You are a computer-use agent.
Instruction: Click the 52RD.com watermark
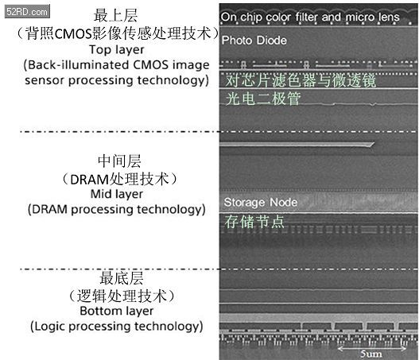coord(27,11)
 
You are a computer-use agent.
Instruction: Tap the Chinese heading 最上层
coord(116,15)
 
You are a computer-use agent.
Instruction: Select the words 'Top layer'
coord(117,50)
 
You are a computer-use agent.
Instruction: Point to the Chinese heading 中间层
coord(119,161)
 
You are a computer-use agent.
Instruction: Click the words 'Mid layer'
coord(117,194)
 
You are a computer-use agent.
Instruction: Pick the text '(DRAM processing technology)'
coord(117,210)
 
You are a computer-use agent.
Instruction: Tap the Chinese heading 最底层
coord(122,278)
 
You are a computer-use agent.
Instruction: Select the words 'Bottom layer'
coord(117,311)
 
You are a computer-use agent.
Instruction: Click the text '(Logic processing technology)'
coord(117,327)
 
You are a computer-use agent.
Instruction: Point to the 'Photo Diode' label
coord(254,41)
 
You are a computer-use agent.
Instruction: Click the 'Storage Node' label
coord(261,202)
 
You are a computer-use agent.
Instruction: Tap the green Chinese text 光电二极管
coord(263,99)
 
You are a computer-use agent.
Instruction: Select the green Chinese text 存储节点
coord(254,222)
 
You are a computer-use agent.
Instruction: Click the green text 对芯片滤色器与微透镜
coord(301,80)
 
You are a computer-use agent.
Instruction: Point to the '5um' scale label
coord(371,354)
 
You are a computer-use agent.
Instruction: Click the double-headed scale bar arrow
coord(372,348)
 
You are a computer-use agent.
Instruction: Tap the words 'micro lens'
coord(373,17)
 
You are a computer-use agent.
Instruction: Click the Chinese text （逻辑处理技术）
coord(122,296)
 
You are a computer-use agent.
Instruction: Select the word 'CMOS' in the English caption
coord(150,65)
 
